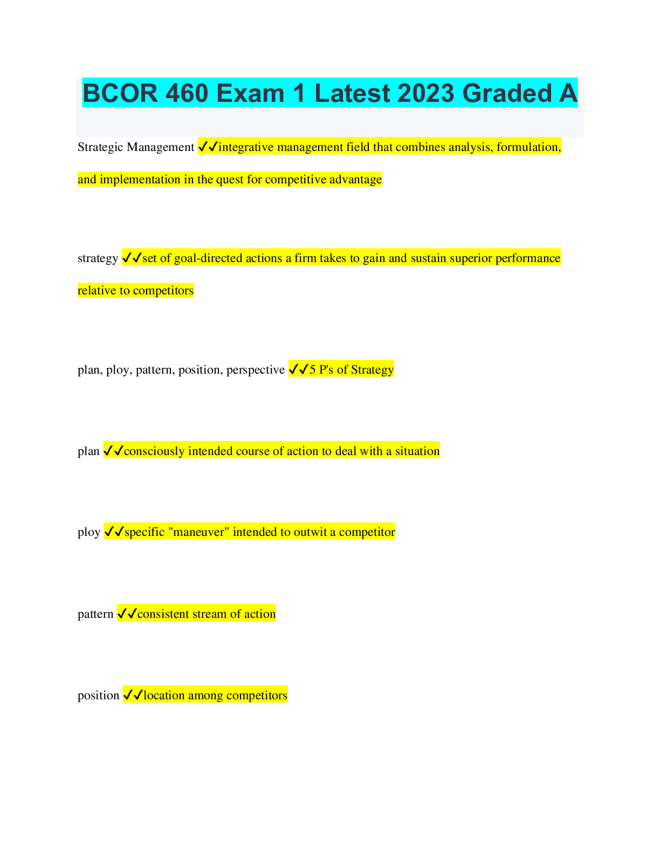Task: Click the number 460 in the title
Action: [x=187, y=93]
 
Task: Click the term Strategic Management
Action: [x=136, y=147]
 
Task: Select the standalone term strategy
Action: [x=98, y=258]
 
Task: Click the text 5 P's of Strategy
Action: [x=351, y=370]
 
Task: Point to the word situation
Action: [x=417, y=451]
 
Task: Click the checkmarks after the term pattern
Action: [x=127, y=614]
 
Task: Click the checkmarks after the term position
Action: [x=133, y=695]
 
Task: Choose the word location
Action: [x=164, y=695]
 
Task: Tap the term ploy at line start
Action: [x=89, y=533]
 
